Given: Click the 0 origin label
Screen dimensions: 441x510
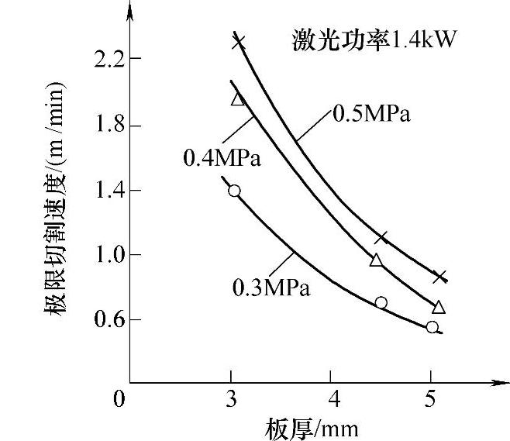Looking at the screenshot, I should point(119,400).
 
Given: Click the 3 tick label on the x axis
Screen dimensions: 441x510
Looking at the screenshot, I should point(231,400).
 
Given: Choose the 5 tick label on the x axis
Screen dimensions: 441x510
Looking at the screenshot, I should point(431,400).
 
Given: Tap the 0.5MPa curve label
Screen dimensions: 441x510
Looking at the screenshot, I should point(370,114).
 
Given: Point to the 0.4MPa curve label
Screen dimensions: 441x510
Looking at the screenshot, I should point(222,159).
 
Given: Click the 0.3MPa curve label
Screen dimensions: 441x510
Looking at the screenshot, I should point(271,288).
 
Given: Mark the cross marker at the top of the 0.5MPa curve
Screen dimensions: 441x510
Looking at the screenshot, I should point(239,42).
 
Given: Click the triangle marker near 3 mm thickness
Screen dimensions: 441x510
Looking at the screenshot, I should point(237,98).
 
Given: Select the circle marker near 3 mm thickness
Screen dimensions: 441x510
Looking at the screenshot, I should point(234,191).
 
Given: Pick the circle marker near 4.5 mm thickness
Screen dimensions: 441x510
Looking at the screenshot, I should point(381,302).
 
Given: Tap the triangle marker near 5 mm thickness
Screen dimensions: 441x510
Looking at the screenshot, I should point(439,308).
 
